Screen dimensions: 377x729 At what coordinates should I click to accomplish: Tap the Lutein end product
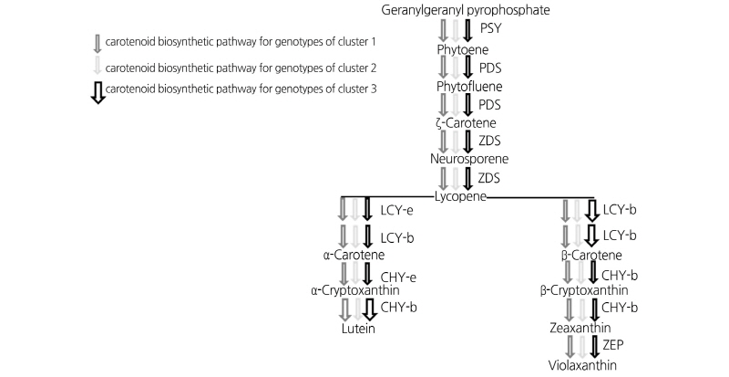tap(358, 328)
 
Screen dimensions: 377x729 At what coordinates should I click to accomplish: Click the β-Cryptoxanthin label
tap(581, 290)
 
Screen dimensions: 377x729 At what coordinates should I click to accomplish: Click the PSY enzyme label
tap(490, 29)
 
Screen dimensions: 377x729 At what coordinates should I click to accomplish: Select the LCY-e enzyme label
tap(397, 211)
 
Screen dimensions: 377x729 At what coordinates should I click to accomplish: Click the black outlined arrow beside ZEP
tap(594, 346)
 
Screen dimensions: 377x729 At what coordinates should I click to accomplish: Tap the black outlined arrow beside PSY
tap(467, 30)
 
